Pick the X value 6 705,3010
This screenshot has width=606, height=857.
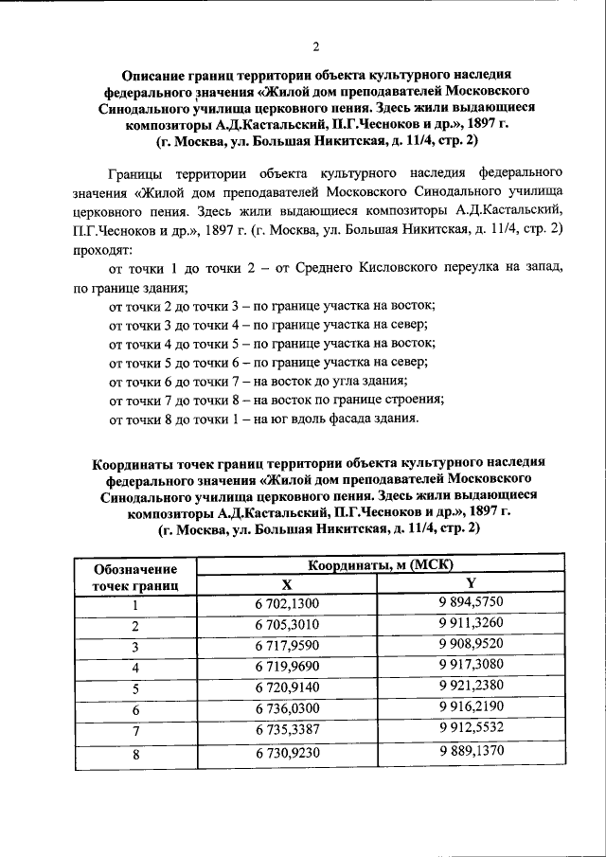click(287, 626)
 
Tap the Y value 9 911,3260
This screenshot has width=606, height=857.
click(471, 626)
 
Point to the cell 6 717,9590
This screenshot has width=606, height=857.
click(287, 647)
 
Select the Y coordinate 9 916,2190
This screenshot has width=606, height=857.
click(471, 708)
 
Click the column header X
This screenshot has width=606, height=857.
click(287, 585)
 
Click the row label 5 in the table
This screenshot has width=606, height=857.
click(135, 688)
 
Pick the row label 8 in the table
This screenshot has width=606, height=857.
click(135, 755)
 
